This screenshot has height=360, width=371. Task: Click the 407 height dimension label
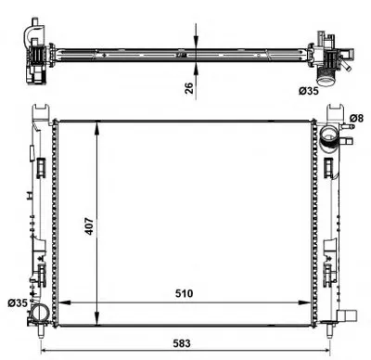[89, 226]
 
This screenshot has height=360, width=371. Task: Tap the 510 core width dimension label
[184, 293]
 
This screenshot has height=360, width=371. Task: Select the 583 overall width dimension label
[182, 343]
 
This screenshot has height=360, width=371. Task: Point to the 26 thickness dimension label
[189, 88]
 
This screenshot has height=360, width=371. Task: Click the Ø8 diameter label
[356, 118]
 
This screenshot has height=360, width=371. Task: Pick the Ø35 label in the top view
[308, 91]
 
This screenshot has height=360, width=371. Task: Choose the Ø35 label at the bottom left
[18, 303]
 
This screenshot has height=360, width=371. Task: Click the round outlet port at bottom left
[39, 313]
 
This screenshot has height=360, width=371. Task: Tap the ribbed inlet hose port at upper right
[330, 137]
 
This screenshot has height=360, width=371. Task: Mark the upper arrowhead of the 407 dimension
[97, 127]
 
